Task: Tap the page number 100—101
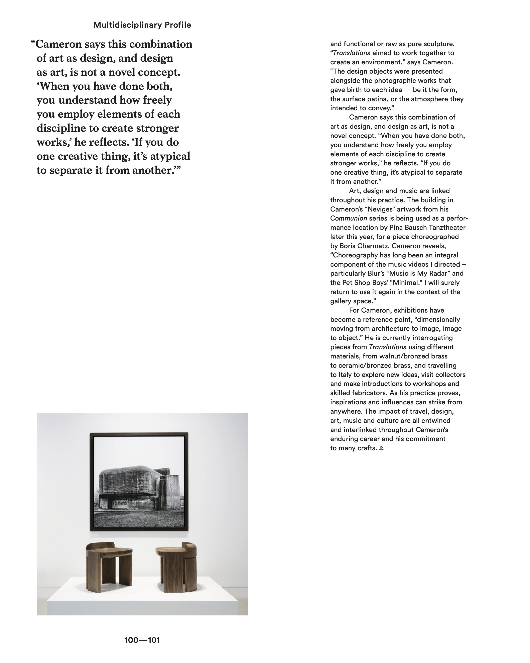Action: pyautogui.click(x=142, y=640)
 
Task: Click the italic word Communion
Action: pyautogui.click(x=348, y=218)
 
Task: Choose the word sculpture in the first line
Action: pyautogui.click(x=438, y=44)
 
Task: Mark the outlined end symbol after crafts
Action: pyautogui.click(x=381, y=448)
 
